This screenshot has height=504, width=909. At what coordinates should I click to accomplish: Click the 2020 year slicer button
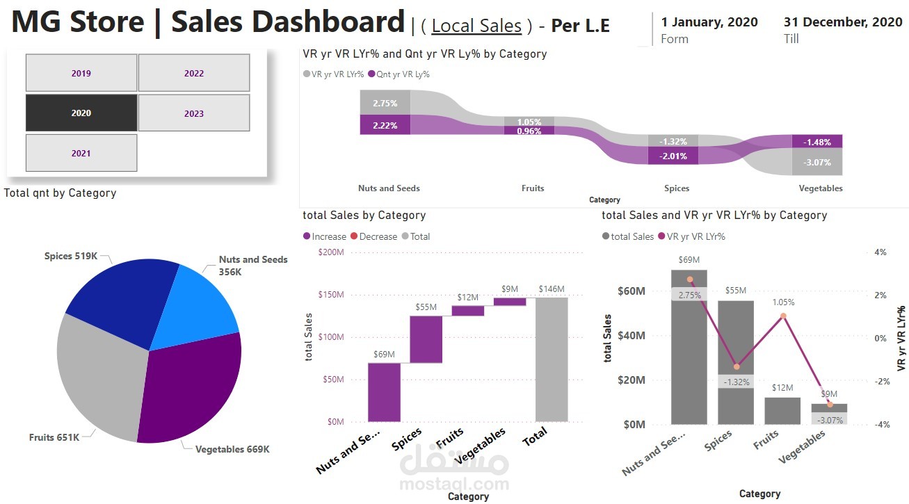[81, 113]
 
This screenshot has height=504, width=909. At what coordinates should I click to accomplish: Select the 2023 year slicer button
[194, 113]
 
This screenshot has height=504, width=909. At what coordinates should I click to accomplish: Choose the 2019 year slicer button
[81, 73]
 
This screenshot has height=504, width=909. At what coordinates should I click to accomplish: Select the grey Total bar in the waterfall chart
[552, 359]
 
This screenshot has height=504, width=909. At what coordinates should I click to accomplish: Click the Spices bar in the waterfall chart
[426, 339]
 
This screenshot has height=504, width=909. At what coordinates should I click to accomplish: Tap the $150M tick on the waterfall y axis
[330, 295]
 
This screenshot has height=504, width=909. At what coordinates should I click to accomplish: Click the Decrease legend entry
[378, 236]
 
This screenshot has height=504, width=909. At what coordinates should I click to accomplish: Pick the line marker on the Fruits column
[782, 316]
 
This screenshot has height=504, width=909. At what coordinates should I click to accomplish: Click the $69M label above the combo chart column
[689, 259]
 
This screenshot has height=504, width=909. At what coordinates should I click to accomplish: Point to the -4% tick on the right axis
[880, 425]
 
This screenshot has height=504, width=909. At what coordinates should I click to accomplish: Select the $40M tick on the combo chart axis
[632, 336]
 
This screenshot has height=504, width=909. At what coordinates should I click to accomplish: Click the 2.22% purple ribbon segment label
[385, 125]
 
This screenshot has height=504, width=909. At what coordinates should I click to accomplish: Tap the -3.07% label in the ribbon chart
[817, 163]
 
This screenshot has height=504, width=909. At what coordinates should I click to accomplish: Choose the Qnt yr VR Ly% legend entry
[403, 74]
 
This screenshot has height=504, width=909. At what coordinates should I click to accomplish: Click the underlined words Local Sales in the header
[476, 26]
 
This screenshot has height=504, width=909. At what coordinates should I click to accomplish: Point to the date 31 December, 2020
[843, 22]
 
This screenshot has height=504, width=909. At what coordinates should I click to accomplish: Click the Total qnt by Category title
[60, 193]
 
